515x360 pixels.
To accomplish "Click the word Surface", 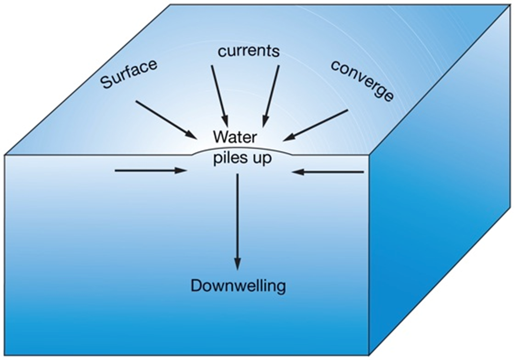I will point(129,74).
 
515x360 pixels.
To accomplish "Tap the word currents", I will point(248,51).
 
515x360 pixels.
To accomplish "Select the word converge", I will point(362,81).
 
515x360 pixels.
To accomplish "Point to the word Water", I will point(235,137).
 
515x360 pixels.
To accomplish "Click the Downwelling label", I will point(238,286).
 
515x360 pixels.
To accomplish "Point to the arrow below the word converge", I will point(316,125).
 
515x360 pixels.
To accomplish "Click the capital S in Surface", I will point(106,85).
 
